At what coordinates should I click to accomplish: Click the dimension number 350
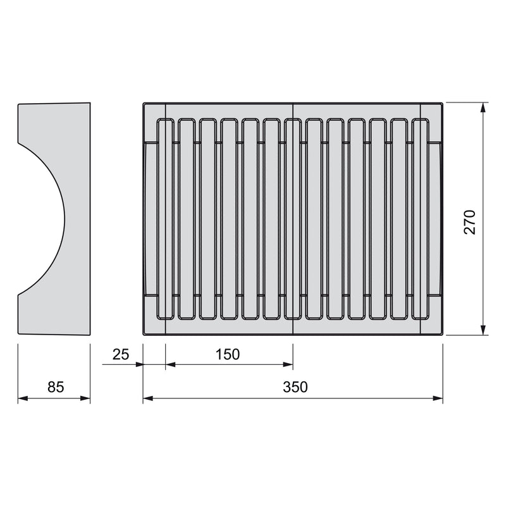(295, 387)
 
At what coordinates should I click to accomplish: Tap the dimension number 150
(227, 354)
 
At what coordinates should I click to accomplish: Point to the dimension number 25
(120, 354)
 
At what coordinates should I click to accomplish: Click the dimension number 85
(56, 387)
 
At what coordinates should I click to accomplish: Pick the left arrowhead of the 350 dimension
(148, 398)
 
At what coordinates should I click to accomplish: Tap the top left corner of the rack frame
(144, 102)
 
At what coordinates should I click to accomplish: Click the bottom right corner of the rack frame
(442, 335)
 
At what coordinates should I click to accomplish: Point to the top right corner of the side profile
(90, 103)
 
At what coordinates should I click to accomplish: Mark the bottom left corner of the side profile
(18, 334)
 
